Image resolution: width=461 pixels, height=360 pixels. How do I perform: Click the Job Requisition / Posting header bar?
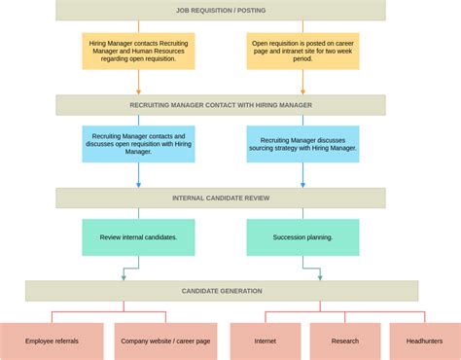tap(221, 11)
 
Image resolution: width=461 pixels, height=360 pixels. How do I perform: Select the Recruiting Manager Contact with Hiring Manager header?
tap(221, 105)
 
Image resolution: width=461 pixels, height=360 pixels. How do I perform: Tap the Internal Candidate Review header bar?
tap(221, 198)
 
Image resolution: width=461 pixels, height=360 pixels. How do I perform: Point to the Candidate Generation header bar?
tap(222, 291)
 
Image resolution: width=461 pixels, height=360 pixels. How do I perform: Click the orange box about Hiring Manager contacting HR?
tap(138, 51)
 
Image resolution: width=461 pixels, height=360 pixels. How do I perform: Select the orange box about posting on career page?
tap(302, 51)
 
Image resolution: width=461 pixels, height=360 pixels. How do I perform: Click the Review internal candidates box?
tap(138, 237)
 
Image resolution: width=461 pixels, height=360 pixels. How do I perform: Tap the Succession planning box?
tap(302, 237)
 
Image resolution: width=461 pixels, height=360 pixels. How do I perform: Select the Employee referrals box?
tap(52, 342)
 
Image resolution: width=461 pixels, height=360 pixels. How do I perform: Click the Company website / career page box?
tap(165, 342)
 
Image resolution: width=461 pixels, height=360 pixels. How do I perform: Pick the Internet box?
tap(266, 342)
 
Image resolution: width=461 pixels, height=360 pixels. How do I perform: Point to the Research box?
tap(345, 342)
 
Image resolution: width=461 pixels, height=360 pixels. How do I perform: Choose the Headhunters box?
tap(425, 342)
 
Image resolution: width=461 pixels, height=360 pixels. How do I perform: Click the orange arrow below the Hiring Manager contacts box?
tap(138, 83)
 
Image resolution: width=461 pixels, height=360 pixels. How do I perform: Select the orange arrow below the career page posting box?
tap(302, 83)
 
